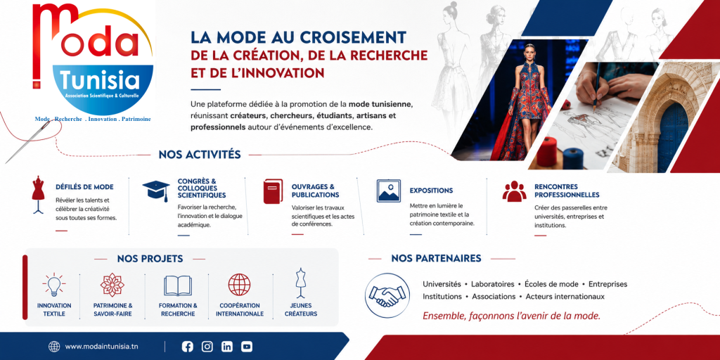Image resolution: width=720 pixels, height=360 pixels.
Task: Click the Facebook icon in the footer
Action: (x=187, y=347)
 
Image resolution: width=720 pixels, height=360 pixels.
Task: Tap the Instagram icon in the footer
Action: (x=207, y=347)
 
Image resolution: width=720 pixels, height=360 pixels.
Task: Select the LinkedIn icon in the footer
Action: (x=227, y=347)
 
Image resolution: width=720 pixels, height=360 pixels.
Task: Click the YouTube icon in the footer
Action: (x=247, y=347)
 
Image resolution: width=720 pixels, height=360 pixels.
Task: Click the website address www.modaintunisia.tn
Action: (x=101, y=347)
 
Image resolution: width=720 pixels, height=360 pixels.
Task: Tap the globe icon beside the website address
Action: (x=54, y=347)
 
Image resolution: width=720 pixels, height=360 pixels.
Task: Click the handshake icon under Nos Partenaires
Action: (x=387, y=295)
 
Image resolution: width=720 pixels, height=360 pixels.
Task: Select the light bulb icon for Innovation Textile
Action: (x=53, y=285)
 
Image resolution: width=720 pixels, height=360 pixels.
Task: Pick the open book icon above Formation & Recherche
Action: (x=178, y=285)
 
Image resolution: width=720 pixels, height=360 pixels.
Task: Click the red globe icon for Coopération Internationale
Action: (x=239, y=285)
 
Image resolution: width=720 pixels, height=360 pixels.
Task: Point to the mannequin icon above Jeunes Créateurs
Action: (x=301, y=283)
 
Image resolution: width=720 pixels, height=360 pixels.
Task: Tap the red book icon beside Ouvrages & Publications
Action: (x=273, y=191)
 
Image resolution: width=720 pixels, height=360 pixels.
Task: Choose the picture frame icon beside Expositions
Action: (x=388, y=191)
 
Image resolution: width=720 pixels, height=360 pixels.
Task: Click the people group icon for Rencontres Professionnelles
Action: (x=514, y=191)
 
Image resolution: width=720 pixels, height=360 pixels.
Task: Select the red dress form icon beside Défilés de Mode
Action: (x=38, y=194)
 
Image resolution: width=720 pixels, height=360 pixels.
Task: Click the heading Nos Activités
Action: (x=200, y=155)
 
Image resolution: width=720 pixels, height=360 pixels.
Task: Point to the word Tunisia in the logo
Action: (x=102, y=82)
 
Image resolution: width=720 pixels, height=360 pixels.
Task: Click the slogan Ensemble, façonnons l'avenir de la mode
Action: (x=512, y=316)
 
